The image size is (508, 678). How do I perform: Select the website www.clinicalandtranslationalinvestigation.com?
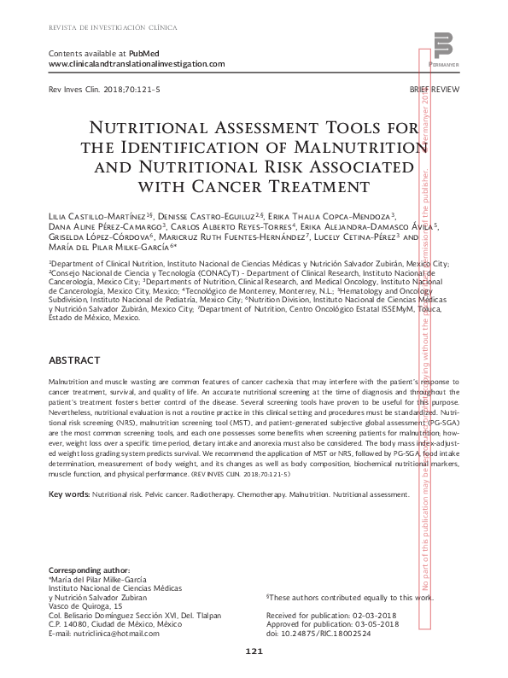[x=137, y=64]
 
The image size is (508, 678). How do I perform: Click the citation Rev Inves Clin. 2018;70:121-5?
[x=93, y=90]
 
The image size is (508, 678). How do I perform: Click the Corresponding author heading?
[x=90, y=570]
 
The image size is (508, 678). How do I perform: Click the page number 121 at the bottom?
[x=254, y=652]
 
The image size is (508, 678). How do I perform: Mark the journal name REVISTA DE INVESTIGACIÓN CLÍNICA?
[x=113, y=27]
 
